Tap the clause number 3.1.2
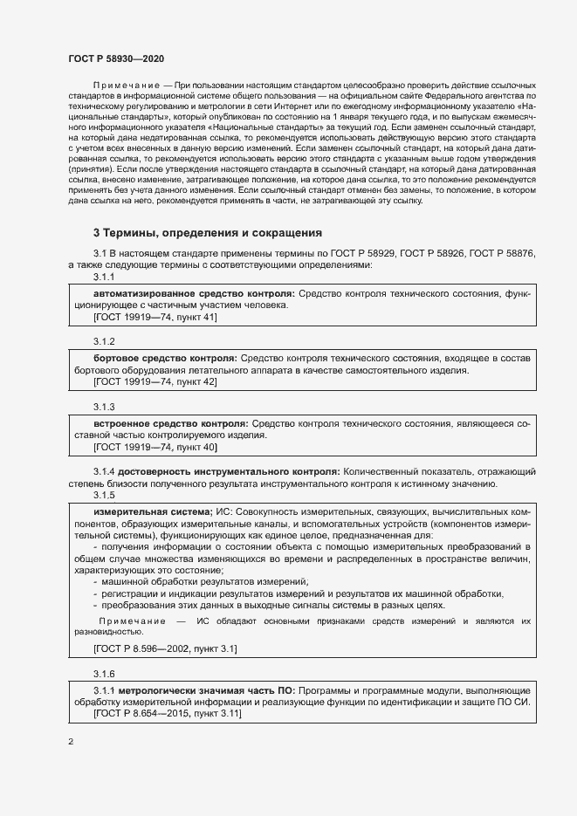tap(105, 340)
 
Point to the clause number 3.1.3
tap(105, 406)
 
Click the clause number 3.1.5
tap(105, 496)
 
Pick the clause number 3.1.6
tap(105, 674)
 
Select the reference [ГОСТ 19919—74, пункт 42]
tap(155, 381)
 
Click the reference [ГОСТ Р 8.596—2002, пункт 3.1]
tap(165, 649)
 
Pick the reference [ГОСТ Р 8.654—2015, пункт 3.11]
tap(168, 714)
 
